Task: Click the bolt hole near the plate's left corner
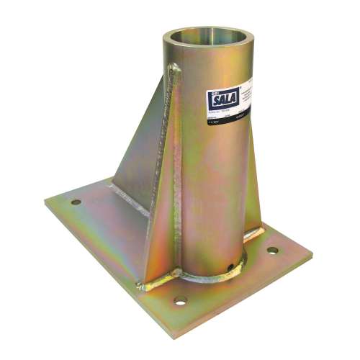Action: point(76,202)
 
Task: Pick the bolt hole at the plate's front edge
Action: point(180,299)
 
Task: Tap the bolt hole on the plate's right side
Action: point(273,251)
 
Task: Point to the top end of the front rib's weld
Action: point(175,69)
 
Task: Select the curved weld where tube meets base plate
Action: point(209,277)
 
